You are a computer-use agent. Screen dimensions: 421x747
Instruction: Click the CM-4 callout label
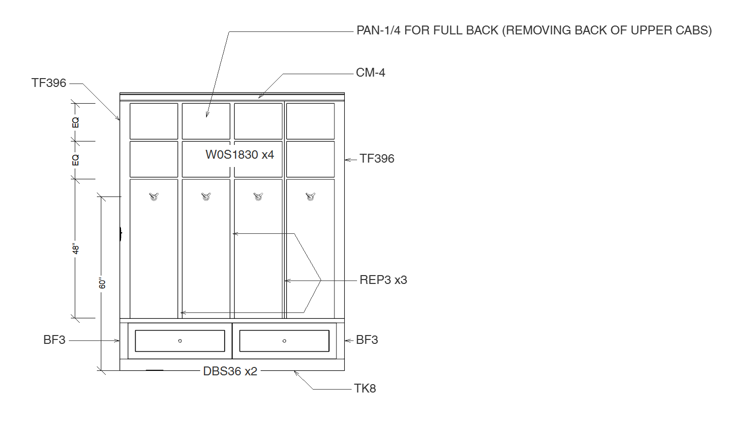pos(370,73)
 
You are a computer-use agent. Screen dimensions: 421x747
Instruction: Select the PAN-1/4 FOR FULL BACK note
pos(534,30)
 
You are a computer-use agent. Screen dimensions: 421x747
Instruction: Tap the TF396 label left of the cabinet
pos(49,83)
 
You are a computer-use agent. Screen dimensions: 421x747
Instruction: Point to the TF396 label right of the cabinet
pos(377,159)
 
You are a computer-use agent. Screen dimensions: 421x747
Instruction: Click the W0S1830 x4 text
pos(239,155)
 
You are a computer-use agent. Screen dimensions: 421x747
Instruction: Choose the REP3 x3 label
pos(383,280)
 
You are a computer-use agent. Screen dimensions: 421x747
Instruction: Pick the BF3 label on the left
pos(54,340)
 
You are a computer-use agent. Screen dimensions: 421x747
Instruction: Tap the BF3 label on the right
pos(367,340)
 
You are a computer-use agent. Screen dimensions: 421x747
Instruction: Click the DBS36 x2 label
pos(230,371)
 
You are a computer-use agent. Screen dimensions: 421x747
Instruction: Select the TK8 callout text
pos(365,389)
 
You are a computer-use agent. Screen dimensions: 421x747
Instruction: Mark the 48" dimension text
pos(76,249)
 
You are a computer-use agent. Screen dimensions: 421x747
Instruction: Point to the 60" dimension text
pos(102,283)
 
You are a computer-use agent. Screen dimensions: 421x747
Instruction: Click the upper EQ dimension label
pos(76,122)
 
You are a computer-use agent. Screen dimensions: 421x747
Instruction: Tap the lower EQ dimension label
pos(76,160)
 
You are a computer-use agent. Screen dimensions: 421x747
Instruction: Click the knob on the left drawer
pos(180,341)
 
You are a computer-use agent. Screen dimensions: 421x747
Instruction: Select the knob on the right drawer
pos(284,341)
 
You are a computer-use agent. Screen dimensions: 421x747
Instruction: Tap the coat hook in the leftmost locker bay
pos(154,197)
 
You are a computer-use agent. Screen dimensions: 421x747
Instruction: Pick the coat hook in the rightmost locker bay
pos(310,197)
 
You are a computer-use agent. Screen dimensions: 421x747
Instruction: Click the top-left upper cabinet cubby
pos(154,121)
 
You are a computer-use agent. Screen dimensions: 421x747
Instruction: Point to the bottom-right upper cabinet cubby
pos(310,159)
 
